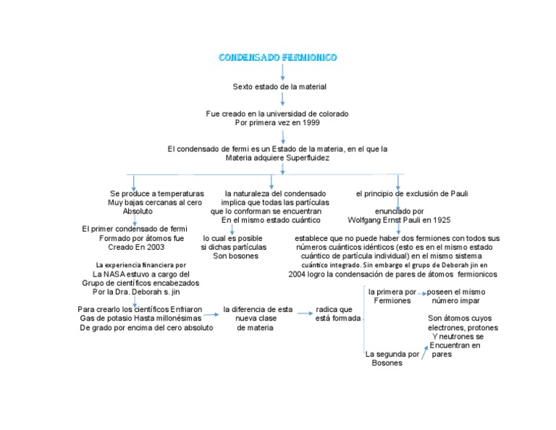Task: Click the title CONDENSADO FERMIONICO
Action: coord(277,57)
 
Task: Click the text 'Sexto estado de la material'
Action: coord(279,87)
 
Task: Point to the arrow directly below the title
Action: coord(282,72)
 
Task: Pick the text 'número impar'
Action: coord(455,300)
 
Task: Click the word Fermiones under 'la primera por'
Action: coord(392,300)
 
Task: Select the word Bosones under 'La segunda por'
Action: coord(387,363)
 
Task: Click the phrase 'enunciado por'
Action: coord(399,211)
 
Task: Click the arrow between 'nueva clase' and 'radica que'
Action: coord(303,313)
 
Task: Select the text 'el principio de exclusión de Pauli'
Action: coord(412,193)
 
